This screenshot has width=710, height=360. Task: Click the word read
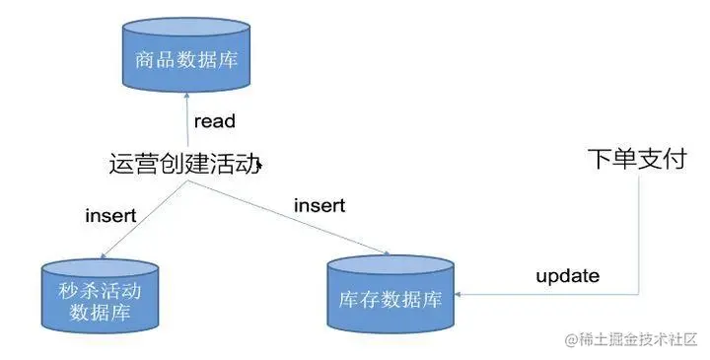pyautogui.click(x=214, y=122)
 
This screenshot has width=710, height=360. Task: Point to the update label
pyautogui.click(x=567, y=276)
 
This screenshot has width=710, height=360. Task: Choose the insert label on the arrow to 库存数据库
pyautogui.click(x=320, y=205)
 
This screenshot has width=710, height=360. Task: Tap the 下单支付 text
pyautogui.click(x=636, y=158)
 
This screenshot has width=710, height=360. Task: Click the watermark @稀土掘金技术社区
pyautogui.click(x=631, y=339)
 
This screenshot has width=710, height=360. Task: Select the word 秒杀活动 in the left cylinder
pyautogui.click(x=100, y=293)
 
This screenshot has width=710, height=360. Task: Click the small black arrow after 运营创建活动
pyautogui.click(x=259, y=168)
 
